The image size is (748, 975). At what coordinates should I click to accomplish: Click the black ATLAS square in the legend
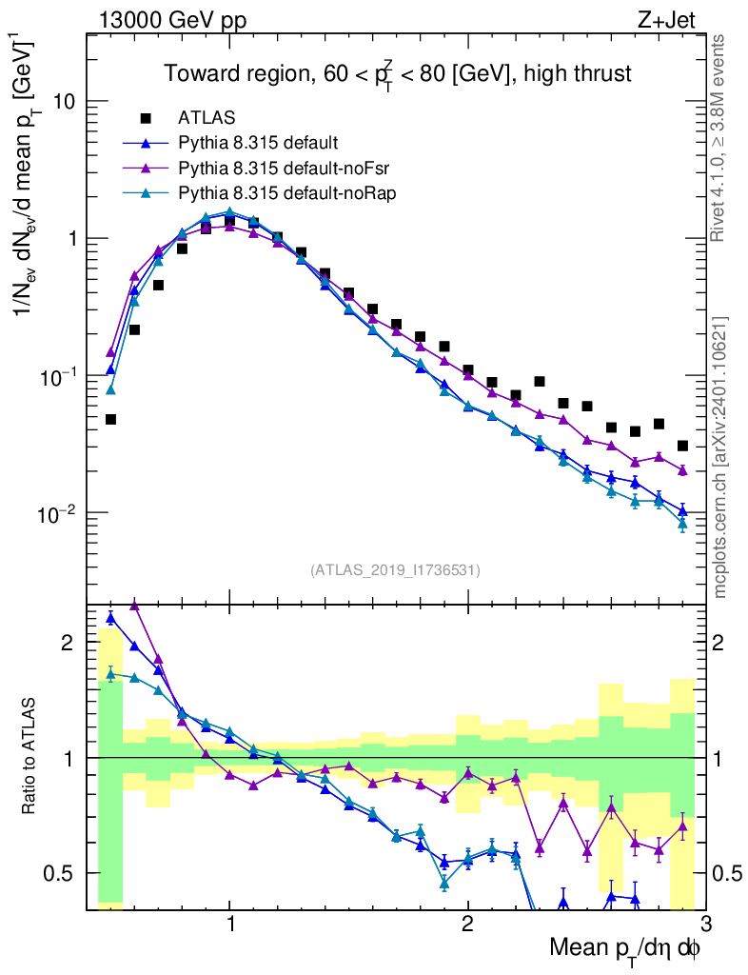coord(146,118)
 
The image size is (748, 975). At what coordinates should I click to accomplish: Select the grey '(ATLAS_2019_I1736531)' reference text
coord(395,570)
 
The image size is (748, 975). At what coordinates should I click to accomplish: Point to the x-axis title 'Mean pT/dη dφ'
coord(624,948)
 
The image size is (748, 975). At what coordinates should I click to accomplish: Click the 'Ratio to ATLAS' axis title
coord(30,756)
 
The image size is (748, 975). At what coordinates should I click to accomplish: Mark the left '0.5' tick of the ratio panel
coord(65,873)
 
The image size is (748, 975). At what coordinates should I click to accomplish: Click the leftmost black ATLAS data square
coord(110,419)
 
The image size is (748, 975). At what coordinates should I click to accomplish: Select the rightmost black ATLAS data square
coord(682,446)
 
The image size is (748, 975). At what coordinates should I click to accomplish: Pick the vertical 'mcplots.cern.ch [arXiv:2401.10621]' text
coord(720,457)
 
